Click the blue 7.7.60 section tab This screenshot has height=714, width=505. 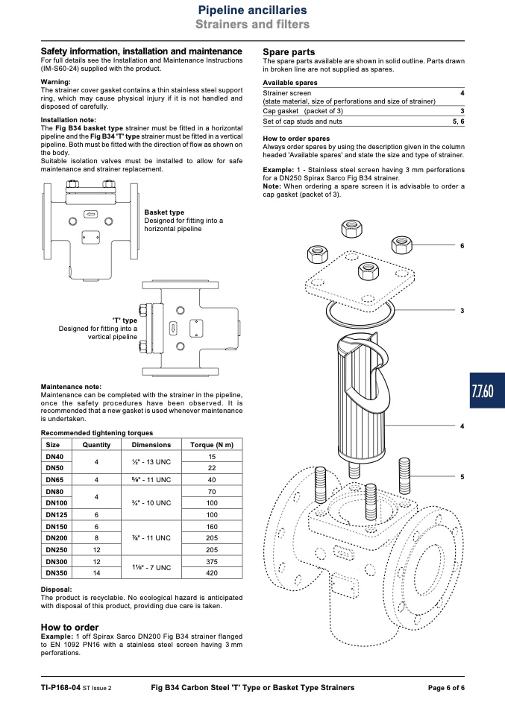(x=487, y=391)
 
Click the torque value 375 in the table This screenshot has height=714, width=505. (x=212, y=561)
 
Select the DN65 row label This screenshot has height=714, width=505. (x=54, y=479)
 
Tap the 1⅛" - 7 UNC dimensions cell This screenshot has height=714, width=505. (x=151, y=567)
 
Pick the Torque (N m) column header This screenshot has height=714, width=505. (x=212, y=444)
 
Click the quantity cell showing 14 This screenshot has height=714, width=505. (x=97, y=573)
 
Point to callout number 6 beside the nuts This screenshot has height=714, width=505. (x=462, y=246)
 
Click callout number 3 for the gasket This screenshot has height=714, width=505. (x=462, y=311)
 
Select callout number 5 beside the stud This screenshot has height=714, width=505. (x=462, y=477)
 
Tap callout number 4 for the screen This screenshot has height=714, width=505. (x=462, y=426)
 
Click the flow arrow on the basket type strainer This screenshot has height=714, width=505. (x=91, y=214)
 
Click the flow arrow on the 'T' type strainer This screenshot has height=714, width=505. (x=173, y=329)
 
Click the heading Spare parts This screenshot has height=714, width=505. (x=289, y=52)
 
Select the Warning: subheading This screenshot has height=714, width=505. (x=56, y=82)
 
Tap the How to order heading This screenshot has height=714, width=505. (x=69, y=627)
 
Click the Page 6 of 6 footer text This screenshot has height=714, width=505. (x=446, y=688)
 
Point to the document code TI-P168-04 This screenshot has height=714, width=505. (x=60, y=688)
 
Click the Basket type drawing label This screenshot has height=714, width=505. (x=164, y=212)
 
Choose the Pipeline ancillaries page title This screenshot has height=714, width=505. (x=252, y=10)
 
